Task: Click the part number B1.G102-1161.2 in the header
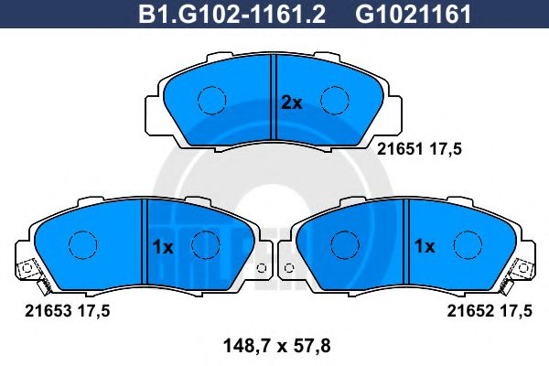(232, 15)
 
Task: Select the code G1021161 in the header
(414, 15)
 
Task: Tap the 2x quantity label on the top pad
(292, 103)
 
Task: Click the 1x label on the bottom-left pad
(163, 247)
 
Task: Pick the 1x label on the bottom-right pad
(425, 246)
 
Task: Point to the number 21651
(400, 149)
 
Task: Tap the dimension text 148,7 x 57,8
(276, 347)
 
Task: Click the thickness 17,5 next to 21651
(446, 150)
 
